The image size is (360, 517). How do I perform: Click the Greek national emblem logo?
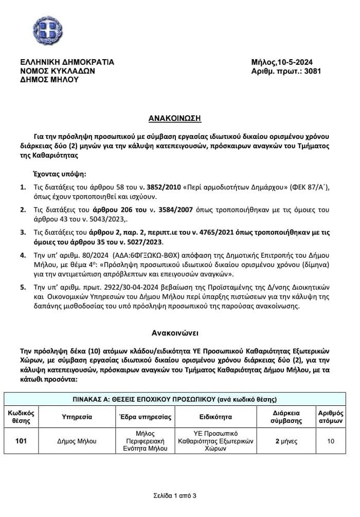pos(48,30)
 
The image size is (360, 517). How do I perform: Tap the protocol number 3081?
pos(313,71)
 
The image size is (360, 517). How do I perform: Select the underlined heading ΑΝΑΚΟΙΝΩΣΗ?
pos(175,118)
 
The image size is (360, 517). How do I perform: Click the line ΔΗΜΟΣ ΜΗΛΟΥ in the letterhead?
pos(49,80)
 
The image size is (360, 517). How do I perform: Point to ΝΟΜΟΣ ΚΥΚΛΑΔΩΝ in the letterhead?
pos(57,71)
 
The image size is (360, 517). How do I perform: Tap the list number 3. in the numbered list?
pos(23,233)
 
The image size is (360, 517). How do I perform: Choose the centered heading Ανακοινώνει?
pos(174,332)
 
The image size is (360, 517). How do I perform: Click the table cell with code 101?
pos(21,441)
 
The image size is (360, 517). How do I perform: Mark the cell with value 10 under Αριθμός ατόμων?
pos(331,441)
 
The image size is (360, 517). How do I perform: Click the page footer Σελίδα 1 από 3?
pos(174,496)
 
